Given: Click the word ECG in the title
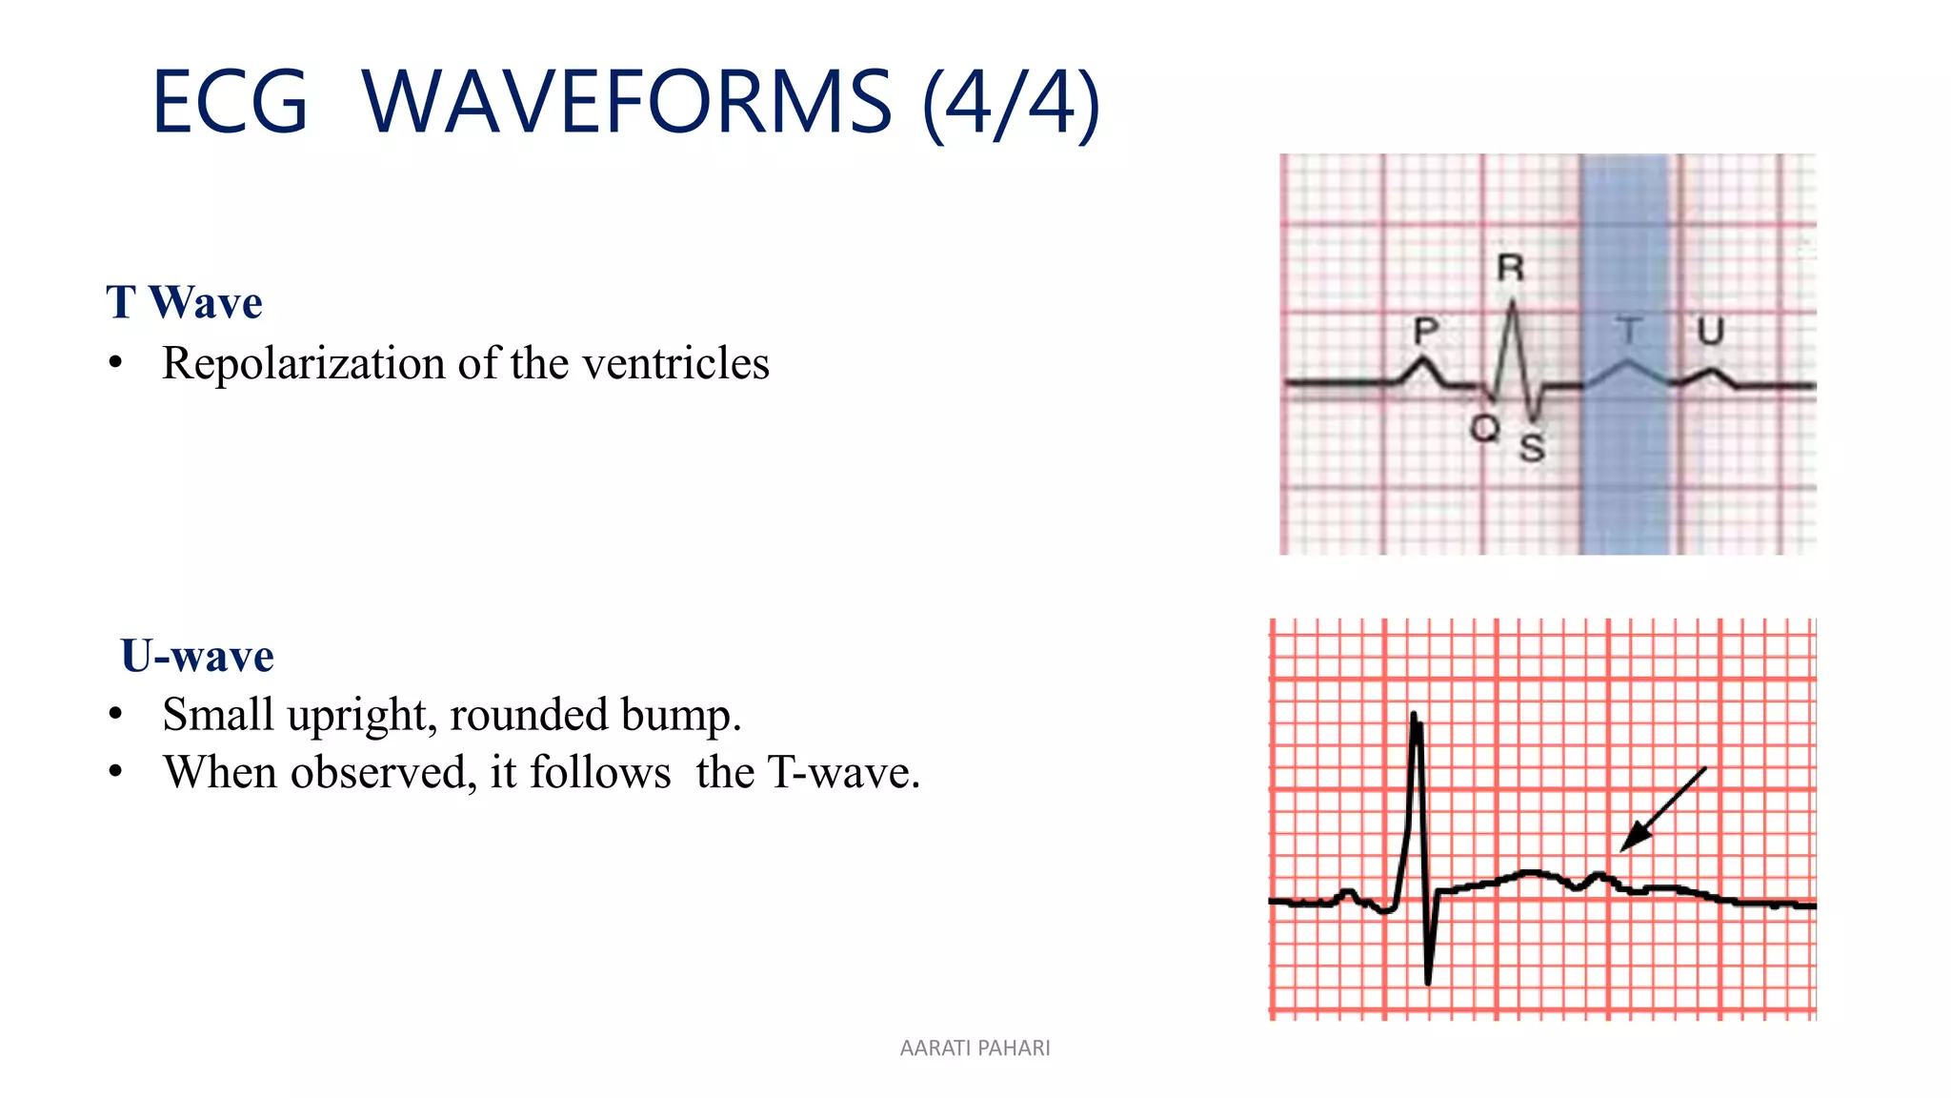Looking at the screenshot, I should (x=230, y=102).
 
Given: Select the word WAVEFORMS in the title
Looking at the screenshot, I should (x=626, y=102).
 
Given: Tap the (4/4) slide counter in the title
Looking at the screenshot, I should (x=1011, y=103).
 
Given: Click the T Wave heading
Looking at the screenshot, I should (x=184, y=302).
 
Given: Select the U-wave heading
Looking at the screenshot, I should (x=197, y=656).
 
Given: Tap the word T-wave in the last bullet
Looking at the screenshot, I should (x=844, y=772).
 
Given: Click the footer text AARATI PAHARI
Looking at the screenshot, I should (x=975, y=1048).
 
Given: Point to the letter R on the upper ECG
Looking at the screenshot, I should (x=1510, y=269).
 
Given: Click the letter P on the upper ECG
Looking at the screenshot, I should (x=1425, y=331).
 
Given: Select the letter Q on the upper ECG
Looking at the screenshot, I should (x=1484, y=428).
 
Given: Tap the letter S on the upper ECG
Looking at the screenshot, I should (x=1532, y=447).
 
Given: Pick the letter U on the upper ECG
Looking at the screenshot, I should (x=1711, y=331).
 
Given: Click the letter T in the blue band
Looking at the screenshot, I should (x=1629, y=331).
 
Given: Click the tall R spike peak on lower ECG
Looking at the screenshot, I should (x=1414, y=715).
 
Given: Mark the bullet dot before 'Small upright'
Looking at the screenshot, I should (x=115, y=714).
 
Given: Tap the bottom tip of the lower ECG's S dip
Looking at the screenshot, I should (x=1427, y=982).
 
